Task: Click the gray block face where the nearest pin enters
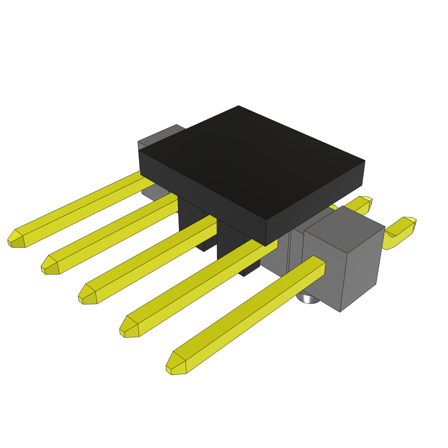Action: tap(322, 280)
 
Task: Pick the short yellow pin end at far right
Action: tap(400, 232)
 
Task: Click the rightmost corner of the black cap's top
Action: tap(364, 161)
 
